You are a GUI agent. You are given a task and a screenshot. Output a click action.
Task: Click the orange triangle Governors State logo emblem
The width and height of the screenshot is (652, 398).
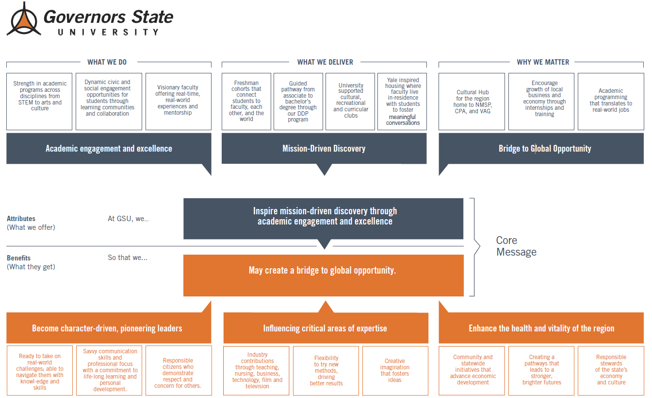[24, 19]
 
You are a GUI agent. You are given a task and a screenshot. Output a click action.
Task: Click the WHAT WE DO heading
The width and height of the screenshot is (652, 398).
[107, 62]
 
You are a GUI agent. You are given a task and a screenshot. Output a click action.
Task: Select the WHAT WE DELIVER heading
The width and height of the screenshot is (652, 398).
[325, 62]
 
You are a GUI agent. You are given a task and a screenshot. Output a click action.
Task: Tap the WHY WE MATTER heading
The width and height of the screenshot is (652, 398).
[543, 62]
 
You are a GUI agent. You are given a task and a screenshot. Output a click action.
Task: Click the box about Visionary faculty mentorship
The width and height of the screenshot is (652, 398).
[179, 101]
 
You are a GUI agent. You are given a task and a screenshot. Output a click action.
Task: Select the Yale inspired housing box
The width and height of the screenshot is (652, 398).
[402, 101]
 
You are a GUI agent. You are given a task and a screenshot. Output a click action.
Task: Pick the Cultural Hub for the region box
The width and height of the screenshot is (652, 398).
[472, 101]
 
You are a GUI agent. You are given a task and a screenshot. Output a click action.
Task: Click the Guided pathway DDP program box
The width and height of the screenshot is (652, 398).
[298, 101]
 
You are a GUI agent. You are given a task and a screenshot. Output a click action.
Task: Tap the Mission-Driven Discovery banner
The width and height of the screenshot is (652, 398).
[324, 148]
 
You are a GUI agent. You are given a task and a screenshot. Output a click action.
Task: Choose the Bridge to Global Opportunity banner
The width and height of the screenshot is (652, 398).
[541, 148]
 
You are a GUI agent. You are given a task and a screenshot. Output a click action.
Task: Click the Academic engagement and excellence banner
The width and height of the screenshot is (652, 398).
[109, 148]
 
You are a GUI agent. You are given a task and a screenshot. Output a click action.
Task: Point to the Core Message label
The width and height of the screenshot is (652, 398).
[516, 246]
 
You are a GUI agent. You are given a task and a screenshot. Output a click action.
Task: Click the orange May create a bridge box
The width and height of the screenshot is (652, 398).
[324, 275]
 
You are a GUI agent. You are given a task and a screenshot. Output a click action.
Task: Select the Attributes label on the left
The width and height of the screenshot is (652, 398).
[21, 219]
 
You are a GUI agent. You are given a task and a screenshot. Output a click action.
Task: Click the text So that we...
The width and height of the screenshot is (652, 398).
[128, 258]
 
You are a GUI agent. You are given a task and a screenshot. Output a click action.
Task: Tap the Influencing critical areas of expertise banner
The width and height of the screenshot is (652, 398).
[326, 328]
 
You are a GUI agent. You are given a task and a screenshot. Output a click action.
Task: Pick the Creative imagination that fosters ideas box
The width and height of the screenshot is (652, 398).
[395, 370]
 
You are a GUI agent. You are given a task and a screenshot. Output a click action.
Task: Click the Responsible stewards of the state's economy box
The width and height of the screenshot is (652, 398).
[611, 370]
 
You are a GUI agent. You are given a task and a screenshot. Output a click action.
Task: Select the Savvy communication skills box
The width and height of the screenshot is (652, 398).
[109, 370]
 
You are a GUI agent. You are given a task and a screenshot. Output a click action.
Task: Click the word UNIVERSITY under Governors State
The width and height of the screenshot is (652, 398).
[108, 32]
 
